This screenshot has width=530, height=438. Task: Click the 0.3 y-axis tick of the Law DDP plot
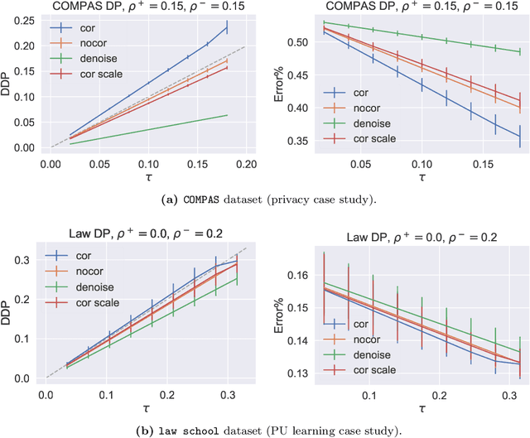point(33,261)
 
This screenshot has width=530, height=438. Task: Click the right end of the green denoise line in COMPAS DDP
point(227,115)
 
